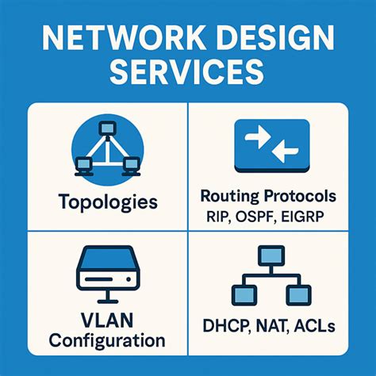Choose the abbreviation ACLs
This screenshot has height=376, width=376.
click(314, 325)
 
